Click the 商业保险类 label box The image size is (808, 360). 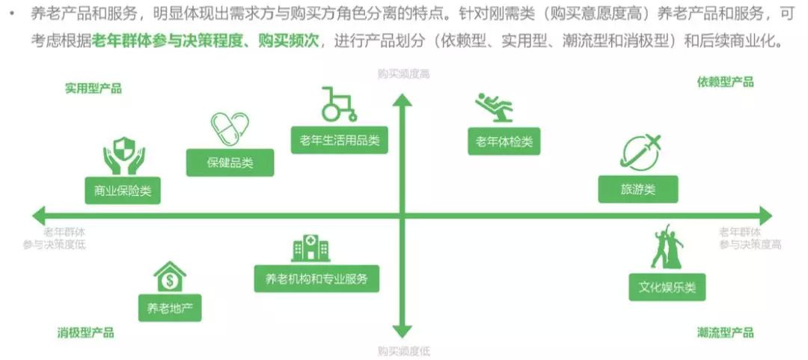pyautogui.click(x=123, y=190)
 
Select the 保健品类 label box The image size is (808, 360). pyautogui.click(x=230, y=162)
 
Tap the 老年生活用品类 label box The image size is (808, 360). pyautogui.click(x=339, y=140)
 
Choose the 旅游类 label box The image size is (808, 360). pyautogui.click(x=638, y=189)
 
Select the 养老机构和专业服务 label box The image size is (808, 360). pyautogui.click(x=316, y=278)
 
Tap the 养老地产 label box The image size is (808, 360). pyautogui.click(x=170, y=307)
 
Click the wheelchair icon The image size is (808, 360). pyautogui.click(x=338, y=105)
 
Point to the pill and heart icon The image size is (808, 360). pyautogui.click(x=229, y=129)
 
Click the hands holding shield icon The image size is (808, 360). pyautogui.click(x=123, y=155)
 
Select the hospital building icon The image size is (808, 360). pyautogui.click(x=310, y=248)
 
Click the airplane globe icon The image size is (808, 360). pyautogui.click(x=641, y=152)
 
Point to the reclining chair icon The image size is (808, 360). pyautogui.click(x=495, y=108)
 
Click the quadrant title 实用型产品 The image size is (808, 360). pyautogui.click(x=93, y=88)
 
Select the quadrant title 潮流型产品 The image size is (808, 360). pyautogui.click(x=725, y=333)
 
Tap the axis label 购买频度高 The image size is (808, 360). pyautogui.click(x=403, y=74)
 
